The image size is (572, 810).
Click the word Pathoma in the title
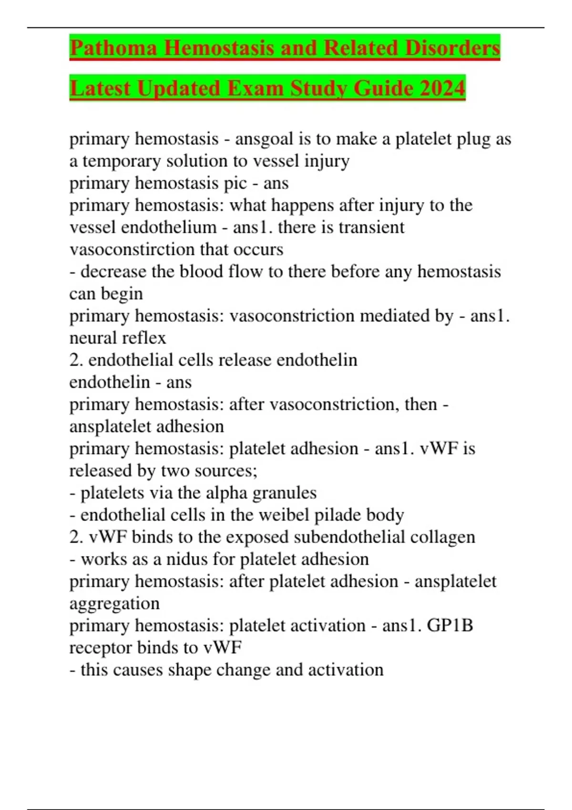(x=113, y=48)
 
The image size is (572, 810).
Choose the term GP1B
(x=449, y=626)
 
